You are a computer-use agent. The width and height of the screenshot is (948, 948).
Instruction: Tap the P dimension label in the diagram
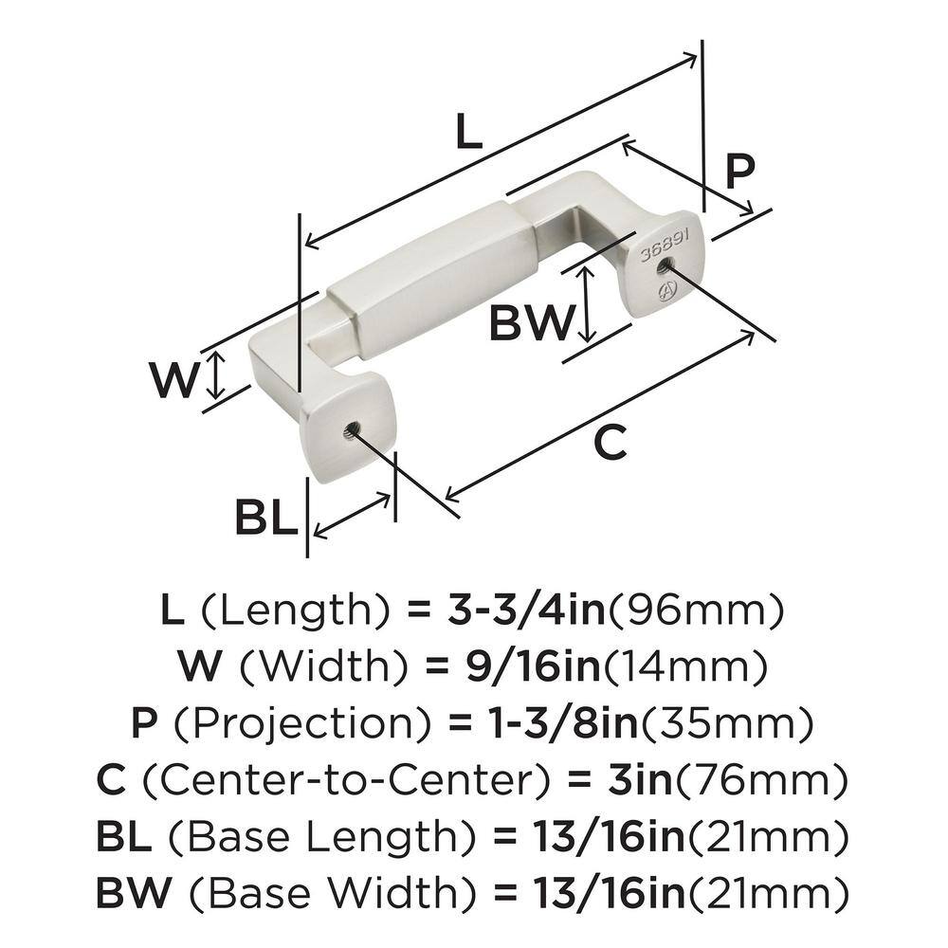(739, 173)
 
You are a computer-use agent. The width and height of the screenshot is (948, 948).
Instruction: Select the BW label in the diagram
(531, 324)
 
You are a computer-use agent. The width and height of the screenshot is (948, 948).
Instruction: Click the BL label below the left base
(266, 518)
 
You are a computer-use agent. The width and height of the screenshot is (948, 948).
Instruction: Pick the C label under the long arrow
(613, 443)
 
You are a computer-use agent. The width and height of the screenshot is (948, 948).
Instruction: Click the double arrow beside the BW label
(587, 304)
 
